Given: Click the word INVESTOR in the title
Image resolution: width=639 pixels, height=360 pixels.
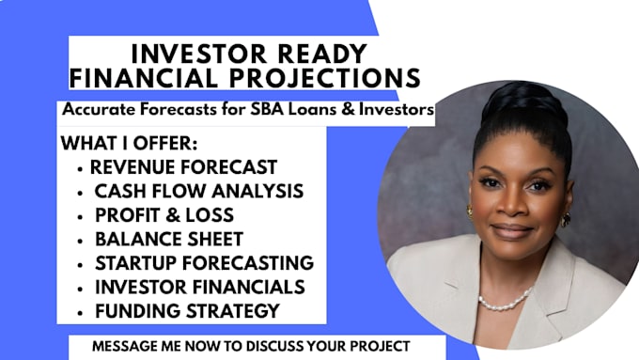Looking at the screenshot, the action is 199,54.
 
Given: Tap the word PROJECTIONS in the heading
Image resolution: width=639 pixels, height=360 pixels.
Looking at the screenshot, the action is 325,78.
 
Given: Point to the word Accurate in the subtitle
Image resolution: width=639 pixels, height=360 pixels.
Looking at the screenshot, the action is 99,109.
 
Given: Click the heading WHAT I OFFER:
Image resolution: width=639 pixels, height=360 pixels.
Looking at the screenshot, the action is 129,143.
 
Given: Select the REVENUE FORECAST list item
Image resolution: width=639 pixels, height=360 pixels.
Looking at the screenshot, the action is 183,167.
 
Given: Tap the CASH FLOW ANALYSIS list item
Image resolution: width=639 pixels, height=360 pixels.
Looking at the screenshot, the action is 199,191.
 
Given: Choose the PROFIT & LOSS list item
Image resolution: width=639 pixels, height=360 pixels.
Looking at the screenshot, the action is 164,215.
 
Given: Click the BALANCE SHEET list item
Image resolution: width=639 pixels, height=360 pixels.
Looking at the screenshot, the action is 169,240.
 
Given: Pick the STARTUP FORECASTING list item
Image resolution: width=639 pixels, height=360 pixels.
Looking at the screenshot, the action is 204,263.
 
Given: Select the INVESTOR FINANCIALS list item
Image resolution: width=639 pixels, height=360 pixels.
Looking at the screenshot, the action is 199,287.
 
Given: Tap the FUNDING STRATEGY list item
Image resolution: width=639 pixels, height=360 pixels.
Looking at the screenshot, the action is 187,311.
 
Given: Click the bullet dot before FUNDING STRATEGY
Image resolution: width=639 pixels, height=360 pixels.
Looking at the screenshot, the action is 80,313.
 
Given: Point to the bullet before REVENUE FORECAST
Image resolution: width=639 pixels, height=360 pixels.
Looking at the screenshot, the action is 80,169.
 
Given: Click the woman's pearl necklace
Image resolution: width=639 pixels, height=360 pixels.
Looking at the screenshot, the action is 506,301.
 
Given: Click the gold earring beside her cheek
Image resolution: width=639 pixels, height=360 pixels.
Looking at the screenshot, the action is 566,220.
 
